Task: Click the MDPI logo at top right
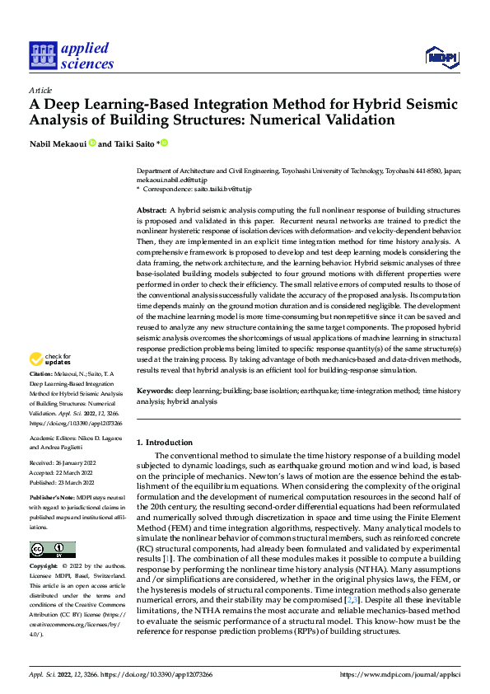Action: pos(441,56)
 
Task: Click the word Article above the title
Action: pos(40,90)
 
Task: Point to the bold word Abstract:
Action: pos(152,212)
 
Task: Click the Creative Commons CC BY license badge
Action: pos(53,550)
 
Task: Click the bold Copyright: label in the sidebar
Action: pos(44,567)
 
